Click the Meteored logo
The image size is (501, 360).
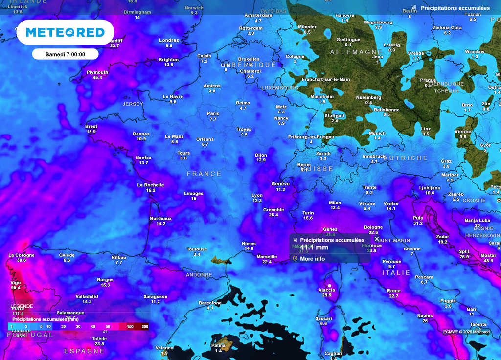(65, 32)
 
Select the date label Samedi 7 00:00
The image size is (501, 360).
(65, 54)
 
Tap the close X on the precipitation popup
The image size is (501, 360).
(377, 239)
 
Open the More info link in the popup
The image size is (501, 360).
(313, 259)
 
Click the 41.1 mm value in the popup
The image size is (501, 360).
(314, 247)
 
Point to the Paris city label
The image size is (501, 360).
(213, 113)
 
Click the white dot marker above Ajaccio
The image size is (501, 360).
(329, 285)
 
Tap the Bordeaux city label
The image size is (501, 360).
(161, 218)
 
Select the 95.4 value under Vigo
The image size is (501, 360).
(16, 288)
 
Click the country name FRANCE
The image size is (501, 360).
(204, 174)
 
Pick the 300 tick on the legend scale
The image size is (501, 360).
(145, 326)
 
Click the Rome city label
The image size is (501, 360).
(393, 291)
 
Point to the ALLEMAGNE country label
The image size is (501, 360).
(356, 52)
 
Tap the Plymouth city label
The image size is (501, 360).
(97, 72)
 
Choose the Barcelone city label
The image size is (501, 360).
(210, 303)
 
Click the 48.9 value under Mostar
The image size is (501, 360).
(488, 261)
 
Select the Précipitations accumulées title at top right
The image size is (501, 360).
(455, 8)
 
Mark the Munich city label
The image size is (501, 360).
(377, 133)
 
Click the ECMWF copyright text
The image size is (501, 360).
(466, 332)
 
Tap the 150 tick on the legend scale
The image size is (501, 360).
(130, 326)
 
